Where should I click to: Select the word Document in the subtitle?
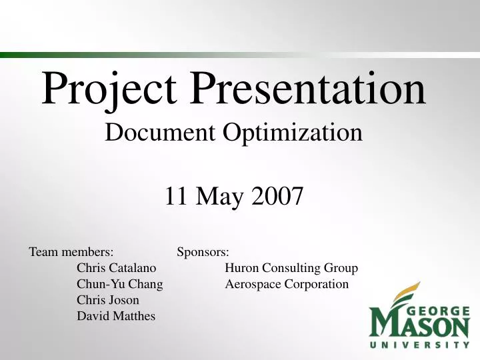coord(161,132)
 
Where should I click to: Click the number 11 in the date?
coord(176,196)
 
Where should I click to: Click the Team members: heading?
coord(71,252)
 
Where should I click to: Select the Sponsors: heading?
coord(203,252)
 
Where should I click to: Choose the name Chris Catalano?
coord(117,268)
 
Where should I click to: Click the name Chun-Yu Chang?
coord(120,285)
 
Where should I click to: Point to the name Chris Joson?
coord(108,300)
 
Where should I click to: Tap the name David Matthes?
coord(116,316)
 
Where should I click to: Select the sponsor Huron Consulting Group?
coord(291,268)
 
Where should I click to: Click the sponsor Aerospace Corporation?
coord(287,284)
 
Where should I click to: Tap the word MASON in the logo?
coord(420,325)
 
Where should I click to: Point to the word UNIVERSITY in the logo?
coord(420,345)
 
